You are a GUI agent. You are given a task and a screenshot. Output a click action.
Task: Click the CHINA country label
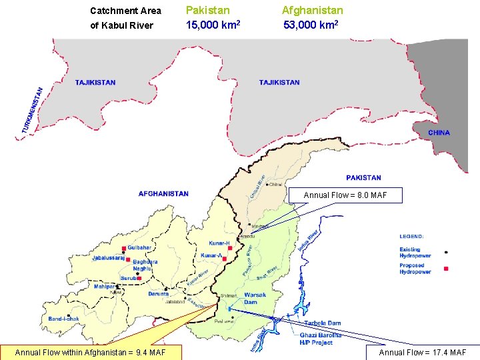point(439,133)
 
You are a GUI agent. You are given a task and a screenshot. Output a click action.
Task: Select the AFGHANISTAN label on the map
point(163,194)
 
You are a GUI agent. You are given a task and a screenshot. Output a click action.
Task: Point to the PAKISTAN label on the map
point(363,178)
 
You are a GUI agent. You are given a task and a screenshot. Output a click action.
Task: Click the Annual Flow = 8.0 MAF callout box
point(345,195)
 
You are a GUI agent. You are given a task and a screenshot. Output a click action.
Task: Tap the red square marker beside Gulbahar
point(124,248)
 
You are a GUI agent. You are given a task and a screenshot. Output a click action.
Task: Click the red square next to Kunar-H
point(230,248)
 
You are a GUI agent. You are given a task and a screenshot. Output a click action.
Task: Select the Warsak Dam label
point(255,298)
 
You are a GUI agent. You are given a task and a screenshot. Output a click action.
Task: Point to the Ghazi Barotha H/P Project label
point(321,338)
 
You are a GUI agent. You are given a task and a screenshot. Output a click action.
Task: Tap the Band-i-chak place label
point(63,319)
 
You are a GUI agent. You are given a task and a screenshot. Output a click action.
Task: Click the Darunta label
point(158,293)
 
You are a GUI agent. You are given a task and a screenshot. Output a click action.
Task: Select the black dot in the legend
point(446,253)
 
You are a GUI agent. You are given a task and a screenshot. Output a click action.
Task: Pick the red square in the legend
point(446,269)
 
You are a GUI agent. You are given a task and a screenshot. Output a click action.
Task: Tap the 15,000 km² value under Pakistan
point(213,25)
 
